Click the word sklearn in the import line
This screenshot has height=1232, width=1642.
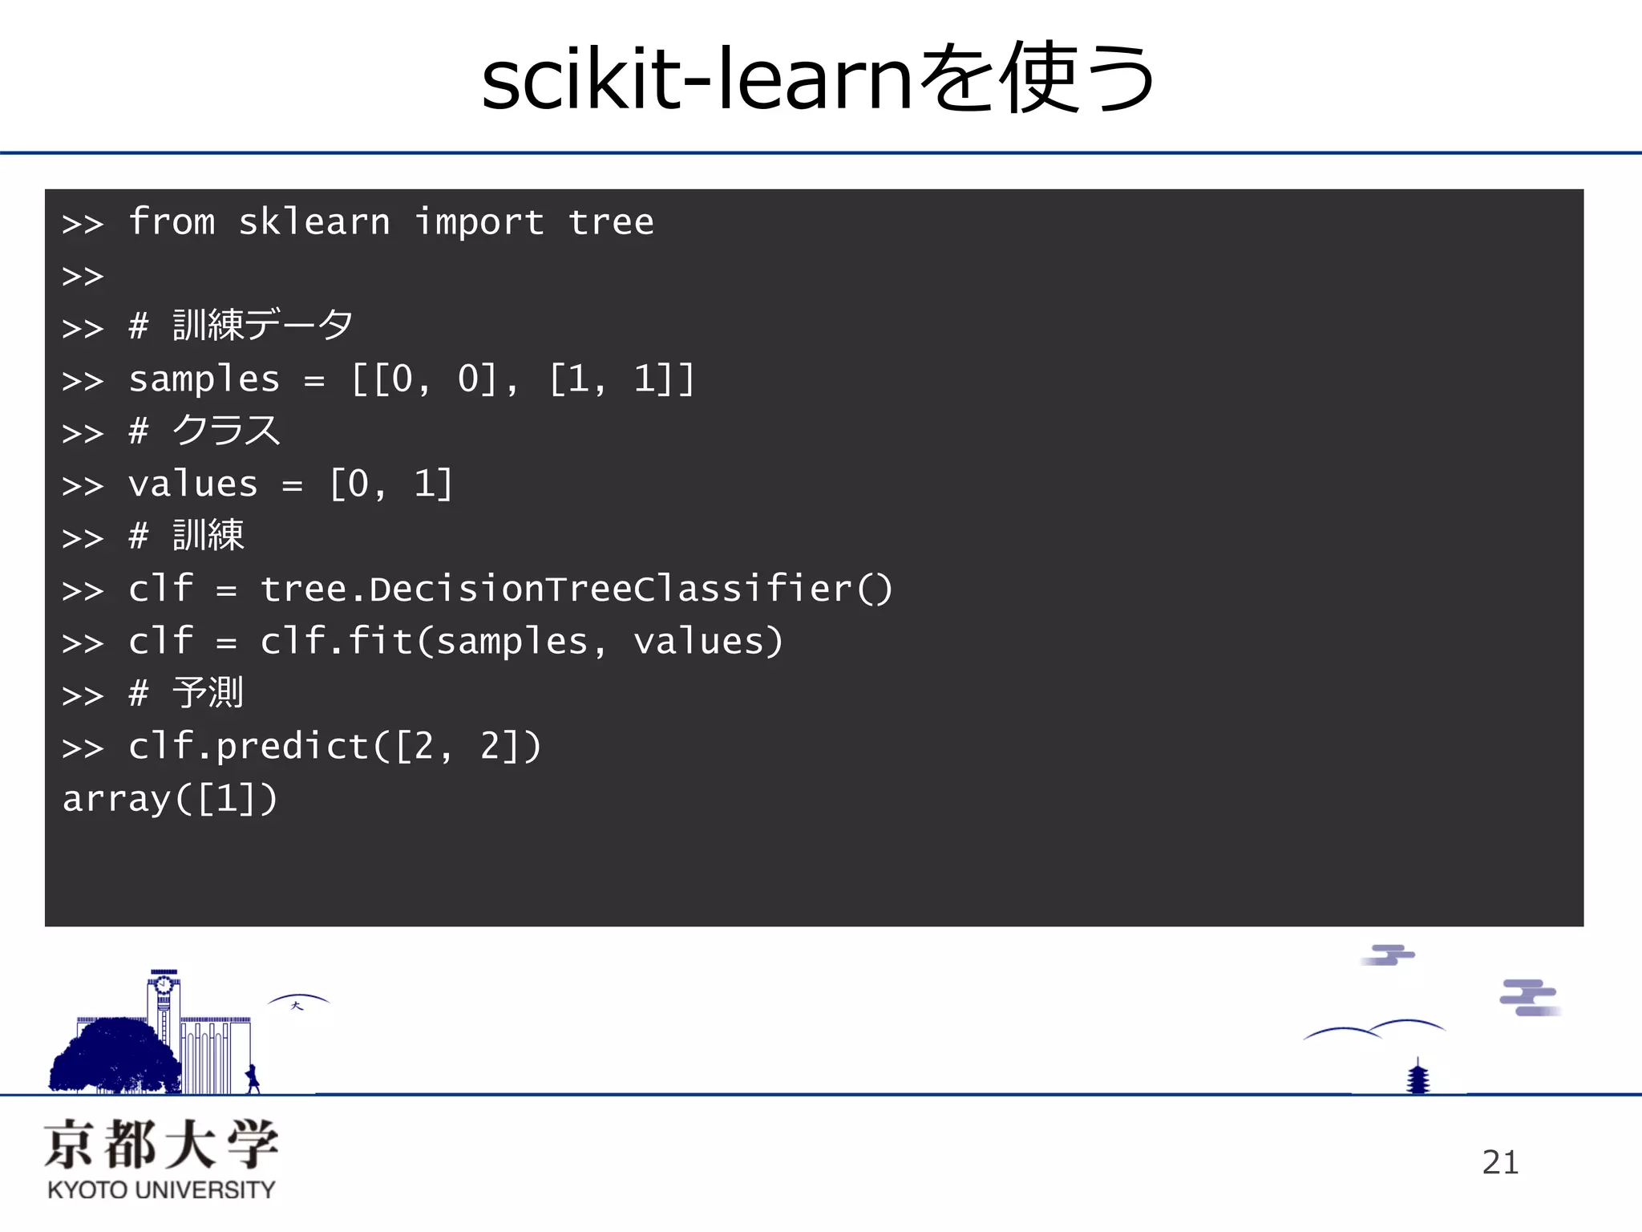click(x=314, y=222)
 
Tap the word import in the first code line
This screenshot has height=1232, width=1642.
click(x=479, y=222)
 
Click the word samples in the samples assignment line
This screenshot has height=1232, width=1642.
click(x=204, y=379)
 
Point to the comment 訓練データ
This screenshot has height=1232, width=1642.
click(x=262, y=326)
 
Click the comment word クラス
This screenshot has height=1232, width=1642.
click(x=226, y=431)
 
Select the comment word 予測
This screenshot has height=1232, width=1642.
click(x=208, y=693)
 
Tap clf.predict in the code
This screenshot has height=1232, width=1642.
click(x=248, y=747)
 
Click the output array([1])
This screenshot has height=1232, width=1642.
click(x=170, y=799)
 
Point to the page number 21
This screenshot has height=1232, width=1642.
click(x=1500, y=1162)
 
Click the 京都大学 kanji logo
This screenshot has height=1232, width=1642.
click(x=161, y=1145)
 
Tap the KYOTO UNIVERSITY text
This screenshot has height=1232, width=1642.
click(x=161, y=1189)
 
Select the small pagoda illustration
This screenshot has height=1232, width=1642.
click(x=1418, y=1077)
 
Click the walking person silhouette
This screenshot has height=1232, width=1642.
click(x=253, y=1079)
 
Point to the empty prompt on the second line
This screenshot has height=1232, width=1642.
click(x=83, y=276)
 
